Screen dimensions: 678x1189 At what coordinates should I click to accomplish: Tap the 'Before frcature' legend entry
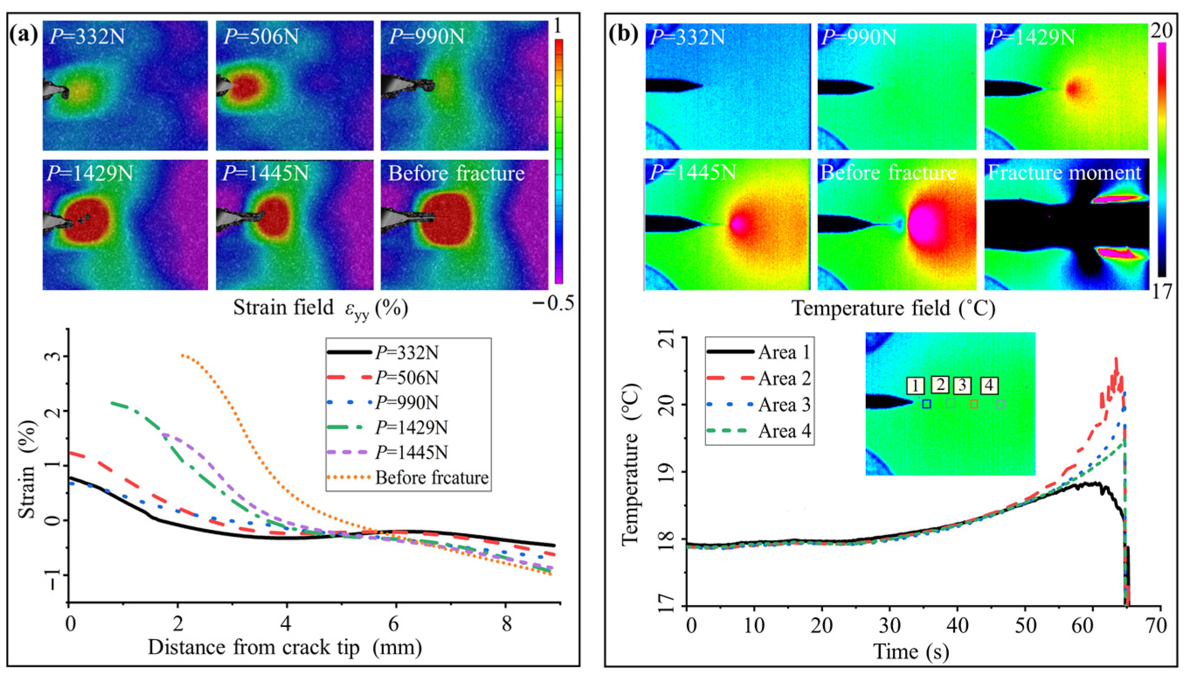pyautogui.click(x=431, y=477)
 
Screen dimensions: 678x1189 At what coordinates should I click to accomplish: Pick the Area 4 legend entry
pyautogui.click(x=784, y=431)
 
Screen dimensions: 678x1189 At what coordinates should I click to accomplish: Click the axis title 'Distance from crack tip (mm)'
pyautogui.click(x=285, y=648)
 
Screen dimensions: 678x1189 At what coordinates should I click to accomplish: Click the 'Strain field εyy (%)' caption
pyautogui.click(x=321, y=308)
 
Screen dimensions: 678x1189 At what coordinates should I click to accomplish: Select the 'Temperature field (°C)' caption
pyautogui.click(x=893, y=308)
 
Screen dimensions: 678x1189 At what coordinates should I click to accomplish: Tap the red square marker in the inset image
pyautogui.click(x=973, y=404)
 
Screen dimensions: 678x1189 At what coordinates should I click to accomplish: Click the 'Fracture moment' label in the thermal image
pyautogui.click(x=1064, y=173)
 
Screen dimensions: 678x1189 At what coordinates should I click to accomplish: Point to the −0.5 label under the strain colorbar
pyautogui.click(x=553, y=303)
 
